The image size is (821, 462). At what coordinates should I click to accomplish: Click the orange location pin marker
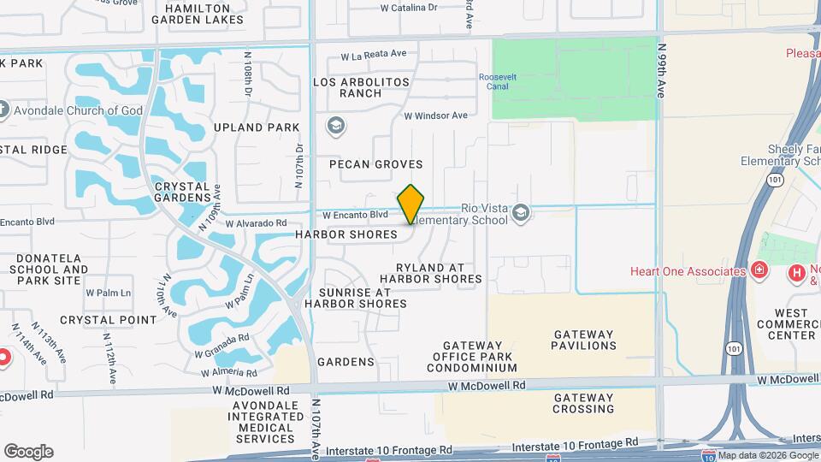(411, 204)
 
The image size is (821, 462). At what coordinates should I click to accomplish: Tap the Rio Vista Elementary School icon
(521, 211)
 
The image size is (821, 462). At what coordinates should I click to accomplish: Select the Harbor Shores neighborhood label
(346, 234)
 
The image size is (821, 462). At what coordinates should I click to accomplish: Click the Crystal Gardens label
(181, 192)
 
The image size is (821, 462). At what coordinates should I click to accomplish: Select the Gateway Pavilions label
(584, 340)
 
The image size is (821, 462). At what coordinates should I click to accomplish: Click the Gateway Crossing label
(584, 403)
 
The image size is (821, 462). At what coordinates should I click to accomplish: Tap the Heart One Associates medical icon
(759, 272)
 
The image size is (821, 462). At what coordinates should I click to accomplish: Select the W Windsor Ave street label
(436, 115)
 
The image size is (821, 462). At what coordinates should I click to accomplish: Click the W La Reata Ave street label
(374, 54)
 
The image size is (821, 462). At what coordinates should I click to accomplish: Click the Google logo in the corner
(28, 451)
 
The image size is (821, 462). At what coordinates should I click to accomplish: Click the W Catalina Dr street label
(409, 7)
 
